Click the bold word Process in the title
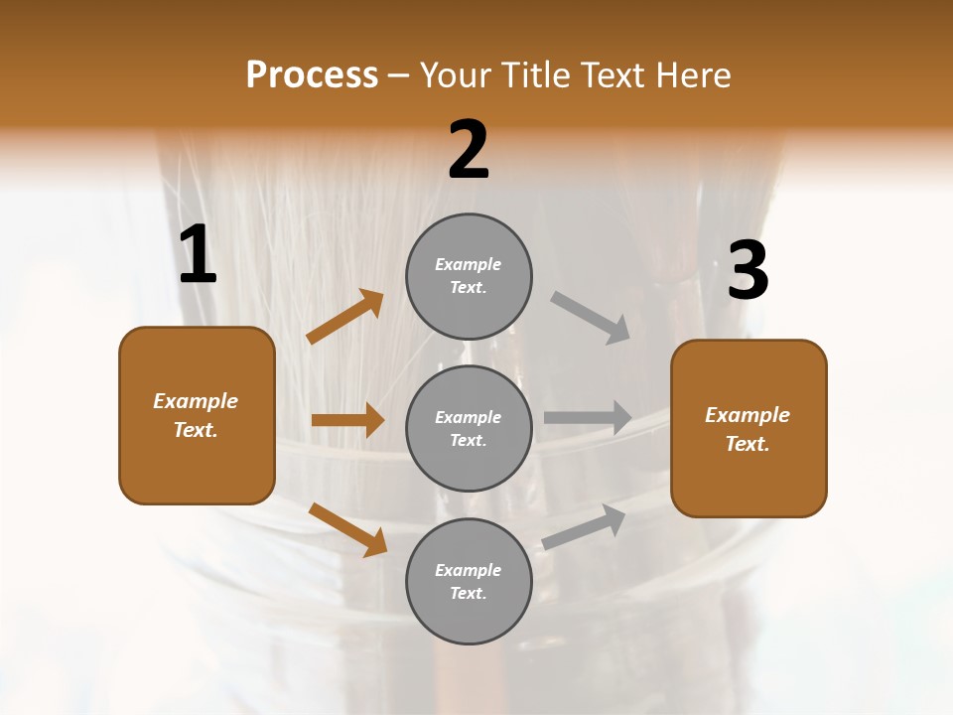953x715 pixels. (x=312, y=74)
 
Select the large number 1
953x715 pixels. (x=198, y=255)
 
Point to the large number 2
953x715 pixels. (x=469, y=150)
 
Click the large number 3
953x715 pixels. (x=748, y=270)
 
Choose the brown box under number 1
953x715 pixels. (x=197, y=415)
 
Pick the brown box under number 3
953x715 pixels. (x=749, y=428)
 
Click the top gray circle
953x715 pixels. (x=469, y=276)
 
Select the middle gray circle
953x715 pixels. (x=469, y=428)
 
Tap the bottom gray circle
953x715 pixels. (x=469, y=581)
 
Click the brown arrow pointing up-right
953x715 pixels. (x=345, y=317)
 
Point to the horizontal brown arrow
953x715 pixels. (x=347, y=420)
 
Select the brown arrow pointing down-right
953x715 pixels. (x=347, y=528)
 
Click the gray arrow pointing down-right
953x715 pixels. (x=590, y=317)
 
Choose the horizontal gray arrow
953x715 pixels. (x=588, y=418)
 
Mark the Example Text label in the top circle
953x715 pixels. (x=469, y=276)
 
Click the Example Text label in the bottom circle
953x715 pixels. (x=469, y=582)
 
